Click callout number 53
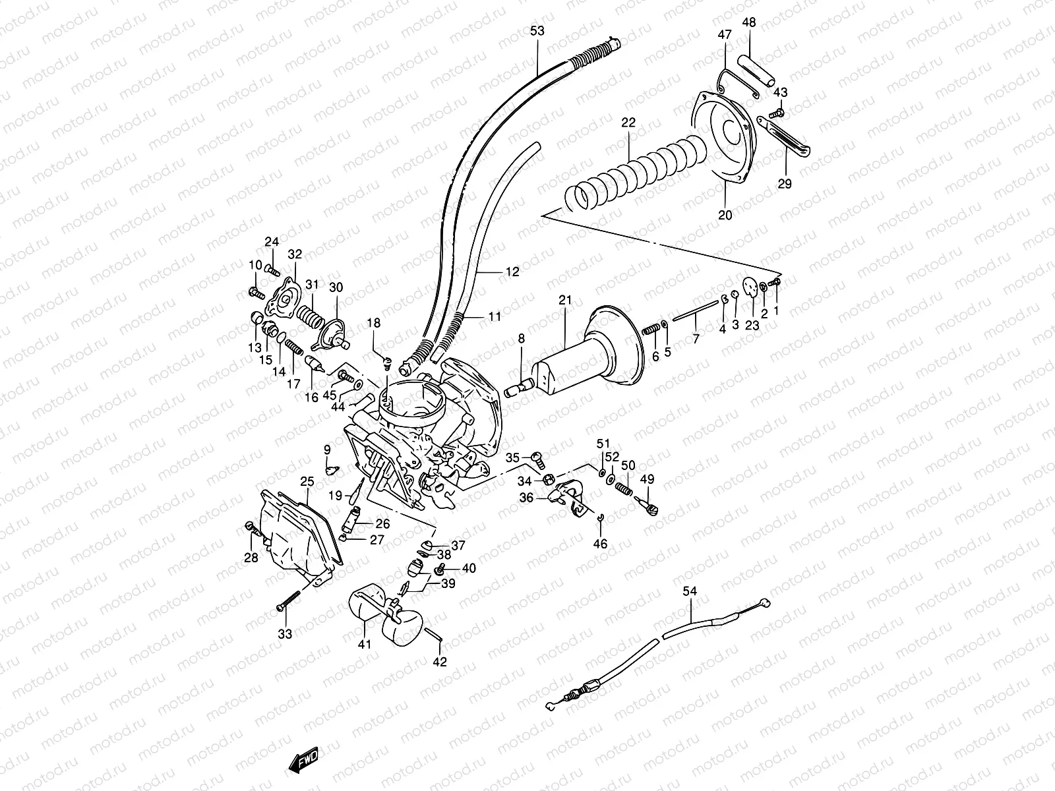click(537, 30)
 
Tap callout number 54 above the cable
click(689, 593)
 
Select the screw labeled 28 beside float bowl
click(251, 526)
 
